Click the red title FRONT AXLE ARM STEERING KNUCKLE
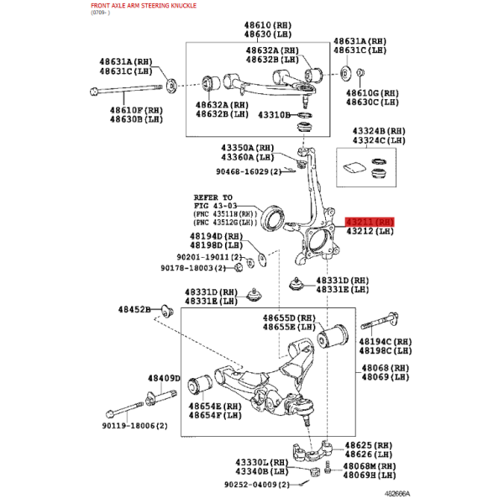(x=144, y=6)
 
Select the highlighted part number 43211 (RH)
(x=370, y=222)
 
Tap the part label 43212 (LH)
(x=370, y=231)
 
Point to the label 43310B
(x=274, y=115)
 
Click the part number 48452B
(x=134, y=309)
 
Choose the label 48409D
(x=164, y=378)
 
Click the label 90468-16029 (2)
(x=249, y=171)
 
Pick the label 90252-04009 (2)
(x=257, y=484)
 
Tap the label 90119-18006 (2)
(x=134, y=426)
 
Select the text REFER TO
(x=213, y=197)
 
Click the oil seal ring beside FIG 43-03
(x=273, y=218)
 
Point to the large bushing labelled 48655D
(x=333, y=336)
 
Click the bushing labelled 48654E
(x=200, y=384)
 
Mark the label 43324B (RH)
(x=379, y=131)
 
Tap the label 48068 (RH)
(x=385, y=368)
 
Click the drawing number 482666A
(x=397, y=493)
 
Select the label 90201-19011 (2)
(x=209, y=257)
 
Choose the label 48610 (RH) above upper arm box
(x=268, y=25)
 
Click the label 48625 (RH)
(x=369, y=445)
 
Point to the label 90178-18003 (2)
(x=193, y=268)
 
